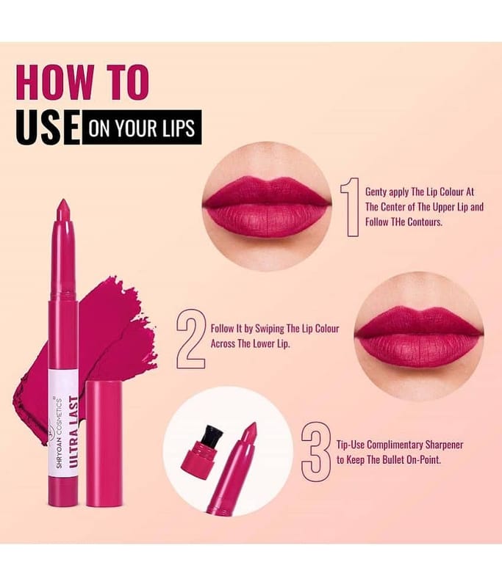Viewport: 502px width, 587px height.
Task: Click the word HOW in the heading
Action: click(x=55, y=82)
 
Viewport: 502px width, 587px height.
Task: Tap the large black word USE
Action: click(x=48, y=127)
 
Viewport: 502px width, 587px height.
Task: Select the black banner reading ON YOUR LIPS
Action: click(x=141, y=127)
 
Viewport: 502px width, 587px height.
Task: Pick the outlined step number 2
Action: click(x=191, y=339)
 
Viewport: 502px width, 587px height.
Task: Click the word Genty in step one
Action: click(x=376, y=192)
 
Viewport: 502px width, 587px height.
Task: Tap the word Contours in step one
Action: click(x=425, y=222)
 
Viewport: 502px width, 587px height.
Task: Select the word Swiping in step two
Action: click(x=269, y=329)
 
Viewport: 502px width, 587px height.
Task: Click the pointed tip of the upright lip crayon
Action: click(x=63, y=200)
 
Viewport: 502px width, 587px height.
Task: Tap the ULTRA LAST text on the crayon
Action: click(x=73, y=431)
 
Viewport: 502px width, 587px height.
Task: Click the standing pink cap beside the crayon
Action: click(x=104, y=444)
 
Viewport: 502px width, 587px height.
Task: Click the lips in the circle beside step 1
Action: click(x=267, y=206)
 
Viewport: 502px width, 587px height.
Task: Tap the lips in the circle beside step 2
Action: click(x=419, y=336)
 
